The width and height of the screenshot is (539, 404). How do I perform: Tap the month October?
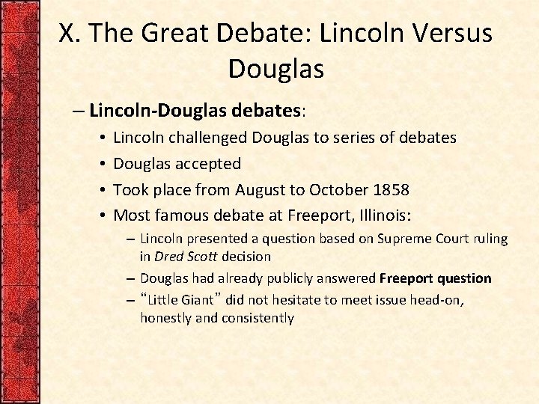pyautogui.click(x=347, y=189)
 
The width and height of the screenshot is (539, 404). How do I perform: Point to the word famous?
pyautogui.click(x=184, y=215)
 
